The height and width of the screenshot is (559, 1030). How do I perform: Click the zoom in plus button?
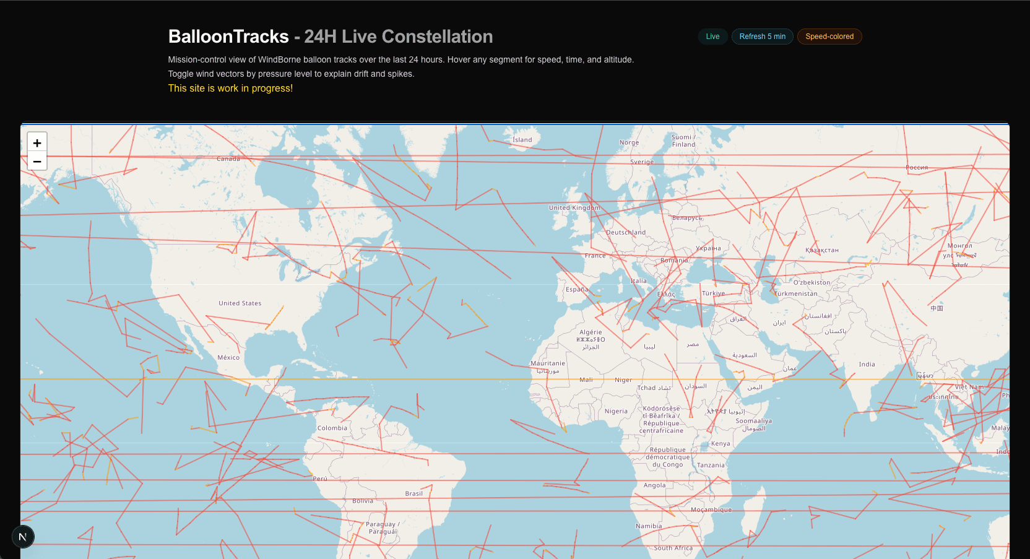click(37, 143)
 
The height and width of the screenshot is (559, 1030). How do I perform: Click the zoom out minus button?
click(37, 162)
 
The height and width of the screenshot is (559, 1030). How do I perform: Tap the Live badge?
click(712, 37)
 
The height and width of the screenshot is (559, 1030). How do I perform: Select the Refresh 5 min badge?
click(762, 37)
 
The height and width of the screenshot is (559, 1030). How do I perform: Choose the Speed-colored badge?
click(829, 37)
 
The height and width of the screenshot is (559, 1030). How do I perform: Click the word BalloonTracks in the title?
click(228, 37)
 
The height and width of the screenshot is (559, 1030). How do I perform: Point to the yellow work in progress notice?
click(230, 89)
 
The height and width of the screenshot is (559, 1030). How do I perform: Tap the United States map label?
click(240, 303)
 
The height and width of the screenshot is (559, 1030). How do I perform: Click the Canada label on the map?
click(228, 159)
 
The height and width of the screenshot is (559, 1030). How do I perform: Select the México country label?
click(228, 358)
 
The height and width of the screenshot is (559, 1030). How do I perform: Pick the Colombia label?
click(332, 428)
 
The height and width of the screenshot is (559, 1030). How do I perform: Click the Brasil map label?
click(413, 494)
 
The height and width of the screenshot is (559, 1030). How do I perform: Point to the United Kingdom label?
click(574, 208)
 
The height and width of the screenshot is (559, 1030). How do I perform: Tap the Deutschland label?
click(625, 233)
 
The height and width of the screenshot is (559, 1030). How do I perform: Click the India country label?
click(867, 365)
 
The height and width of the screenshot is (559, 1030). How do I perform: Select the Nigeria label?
click(616, 411)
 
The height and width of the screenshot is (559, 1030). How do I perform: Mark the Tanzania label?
click(711, 466)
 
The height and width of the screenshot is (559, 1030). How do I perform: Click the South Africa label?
click(673, 548)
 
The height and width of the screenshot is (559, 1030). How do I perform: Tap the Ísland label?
click(522, 140)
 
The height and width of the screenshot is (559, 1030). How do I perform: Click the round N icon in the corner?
click(23, 537)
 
